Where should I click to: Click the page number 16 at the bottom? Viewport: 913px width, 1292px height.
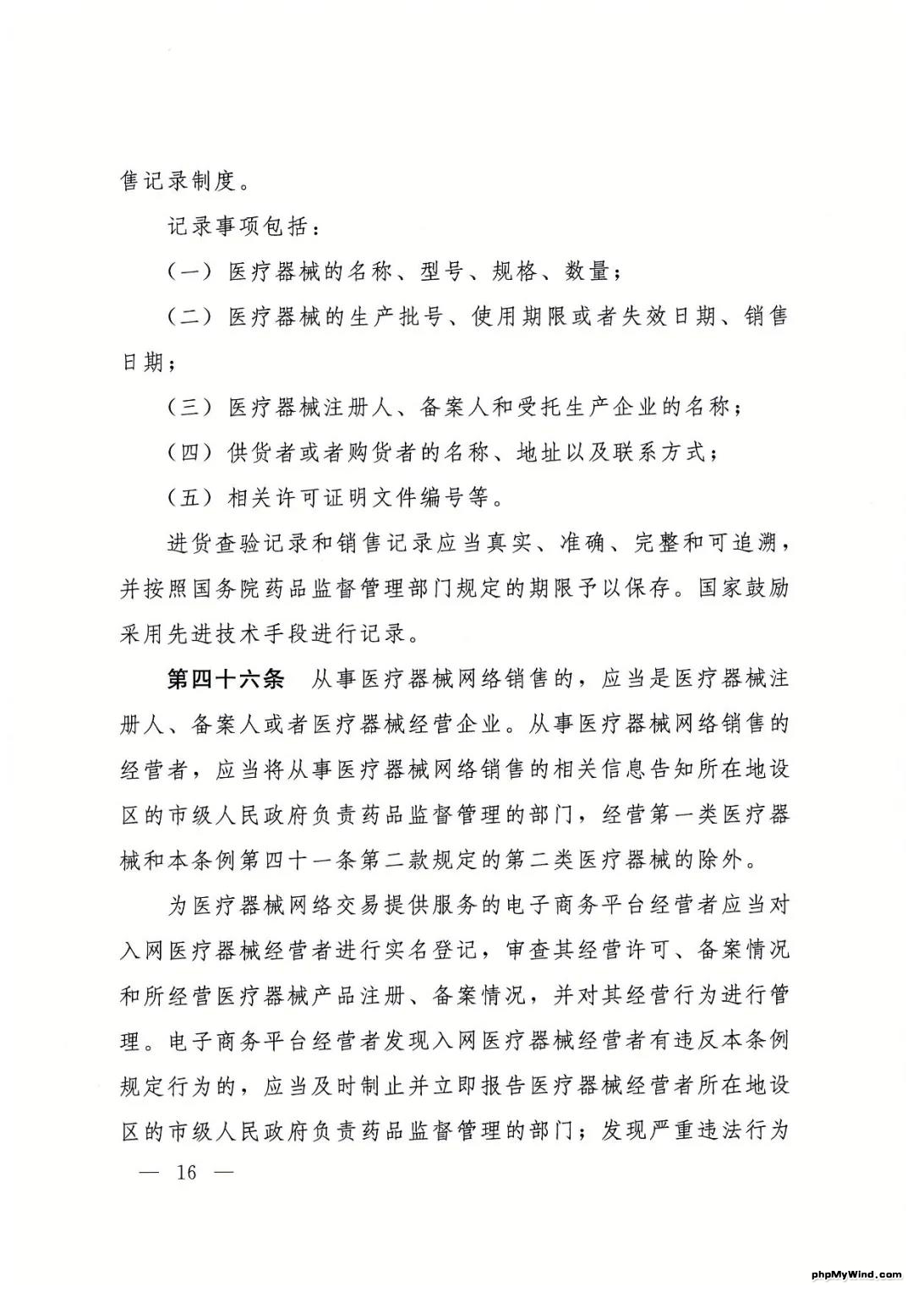[187, 1173]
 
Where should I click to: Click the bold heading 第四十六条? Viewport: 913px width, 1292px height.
[226, 679]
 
